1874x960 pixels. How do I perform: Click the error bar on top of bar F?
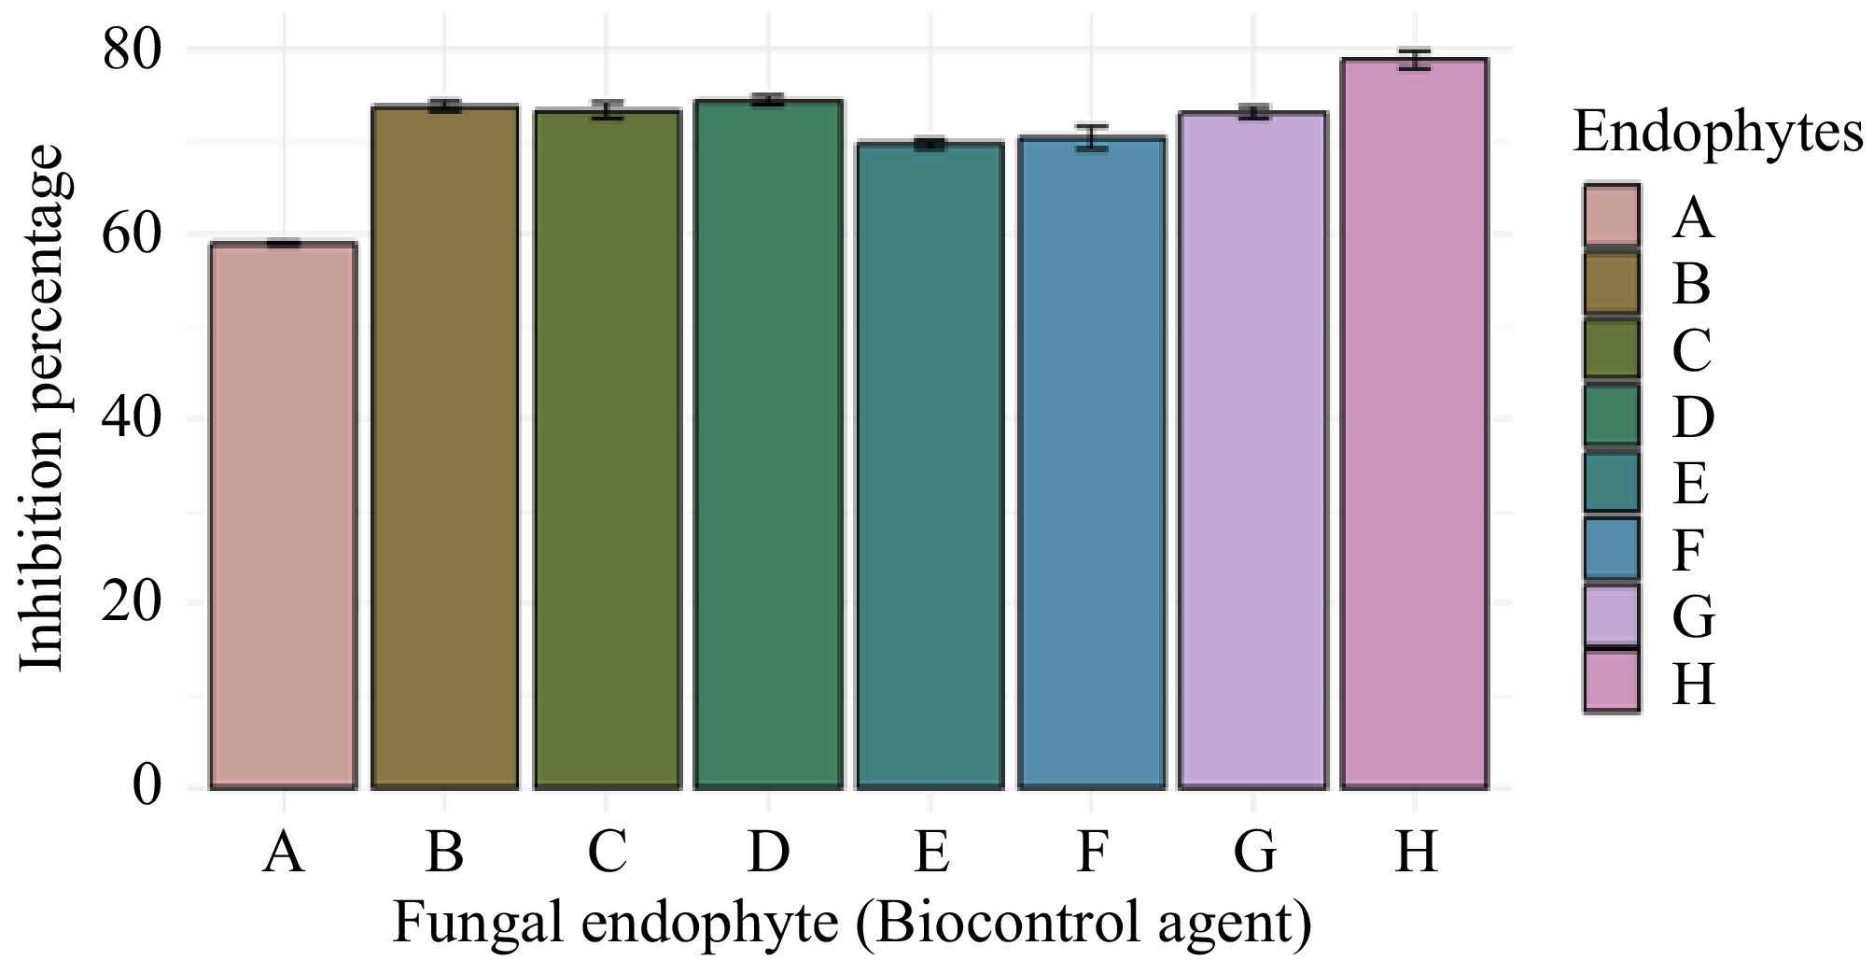pos(1091,137)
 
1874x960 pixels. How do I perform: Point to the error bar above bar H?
pos(1414,60)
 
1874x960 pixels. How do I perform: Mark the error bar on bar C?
pos(607,110)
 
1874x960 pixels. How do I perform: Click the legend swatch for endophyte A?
pos(1611,216)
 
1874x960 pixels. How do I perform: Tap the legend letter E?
pos(1690,484)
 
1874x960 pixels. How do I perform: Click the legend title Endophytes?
pos(1717,133)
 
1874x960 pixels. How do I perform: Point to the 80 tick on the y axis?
pos(133,49)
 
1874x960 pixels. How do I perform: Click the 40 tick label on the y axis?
pos(133,418)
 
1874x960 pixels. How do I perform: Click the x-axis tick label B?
pos(444,853)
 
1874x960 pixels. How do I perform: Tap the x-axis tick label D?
pos(768,853)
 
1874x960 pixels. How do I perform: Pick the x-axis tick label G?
pos(1253,853)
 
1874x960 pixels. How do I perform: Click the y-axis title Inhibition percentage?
pos(42,408)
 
